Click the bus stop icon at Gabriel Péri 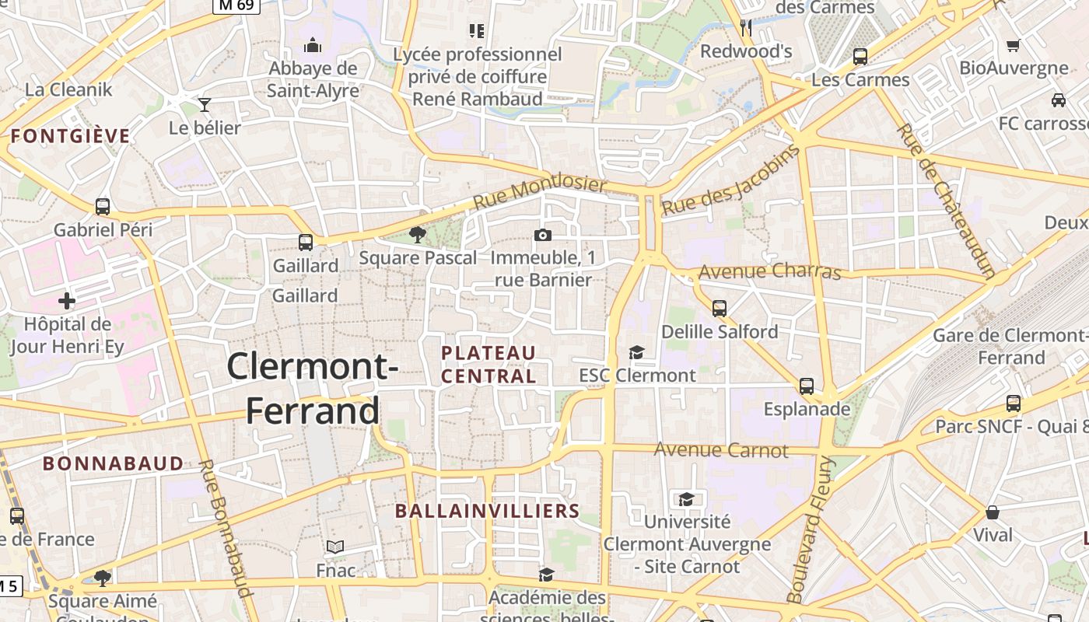[x=103, y=207]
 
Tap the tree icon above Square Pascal [x=418, y=234]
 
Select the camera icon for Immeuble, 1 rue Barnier [x=543, y=235]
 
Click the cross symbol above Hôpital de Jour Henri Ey [x=67, y=300]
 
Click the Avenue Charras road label [x=769, y=271]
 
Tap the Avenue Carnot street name [x=721, y=449]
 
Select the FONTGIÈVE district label [x=70, y=137]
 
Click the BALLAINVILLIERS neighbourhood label [x=488, y=511]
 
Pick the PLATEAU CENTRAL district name [x=488, y=365]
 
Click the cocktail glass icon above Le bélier [x=205, y=104]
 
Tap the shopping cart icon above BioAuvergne [x=1013, y=45]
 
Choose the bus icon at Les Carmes [x=860, y=56]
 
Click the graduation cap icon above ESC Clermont [x=636, y=353]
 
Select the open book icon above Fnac [x=335, y=547]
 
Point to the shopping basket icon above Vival [x=993, y=512]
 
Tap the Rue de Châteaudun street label [x=945, y=201]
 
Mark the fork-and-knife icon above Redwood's [x=746, y=29]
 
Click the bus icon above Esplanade [x=807, y=386]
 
